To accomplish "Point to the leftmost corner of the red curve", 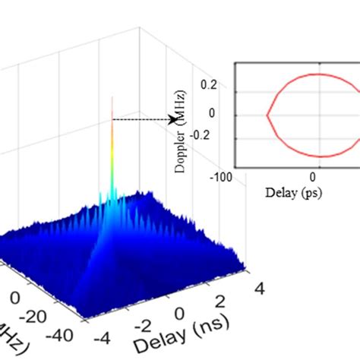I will coord(267,116).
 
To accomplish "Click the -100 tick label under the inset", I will coord(223,178).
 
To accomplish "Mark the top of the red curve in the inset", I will coord(320,74).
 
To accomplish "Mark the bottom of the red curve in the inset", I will coord(320,157).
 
